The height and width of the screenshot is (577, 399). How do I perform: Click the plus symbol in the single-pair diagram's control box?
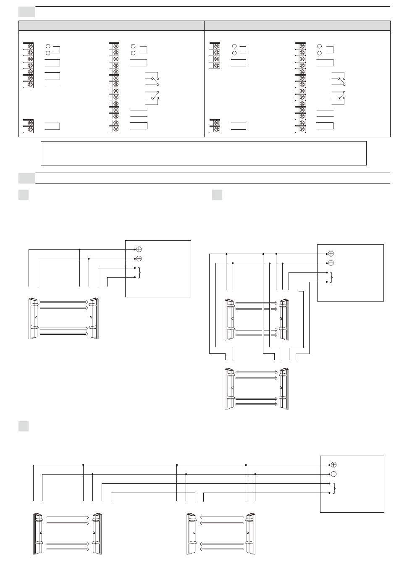(139, 249)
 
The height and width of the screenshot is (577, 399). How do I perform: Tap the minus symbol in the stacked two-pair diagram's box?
(331, 263)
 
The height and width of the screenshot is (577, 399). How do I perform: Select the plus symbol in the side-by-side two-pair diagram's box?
(334, 465)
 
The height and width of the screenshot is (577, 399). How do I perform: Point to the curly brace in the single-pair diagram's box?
(139, 273)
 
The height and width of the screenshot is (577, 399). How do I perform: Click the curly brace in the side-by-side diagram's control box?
(334, 488)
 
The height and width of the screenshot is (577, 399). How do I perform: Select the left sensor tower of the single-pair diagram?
(33, 318)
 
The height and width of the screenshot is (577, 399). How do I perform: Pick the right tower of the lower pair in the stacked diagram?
(284, 388)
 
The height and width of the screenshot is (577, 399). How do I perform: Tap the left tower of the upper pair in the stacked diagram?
(229, 320)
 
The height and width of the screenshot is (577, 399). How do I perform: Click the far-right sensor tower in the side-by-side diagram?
(251, 533)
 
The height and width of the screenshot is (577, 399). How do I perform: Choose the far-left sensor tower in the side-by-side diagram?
(38, 533)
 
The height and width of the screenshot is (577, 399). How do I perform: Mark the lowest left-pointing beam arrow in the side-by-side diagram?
(222, 549)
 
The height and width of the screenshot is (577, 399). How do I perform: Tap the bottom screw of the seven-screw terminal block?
(31, 84)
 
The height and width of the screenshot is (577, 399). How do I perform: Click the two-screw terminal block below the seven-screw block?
(31, 126)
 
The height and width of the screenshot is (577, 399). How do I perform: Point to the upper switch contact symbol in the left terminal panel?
(153, 79)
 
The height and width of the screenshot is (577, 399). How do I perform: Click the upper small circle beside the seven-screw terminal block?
(48, 46)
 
